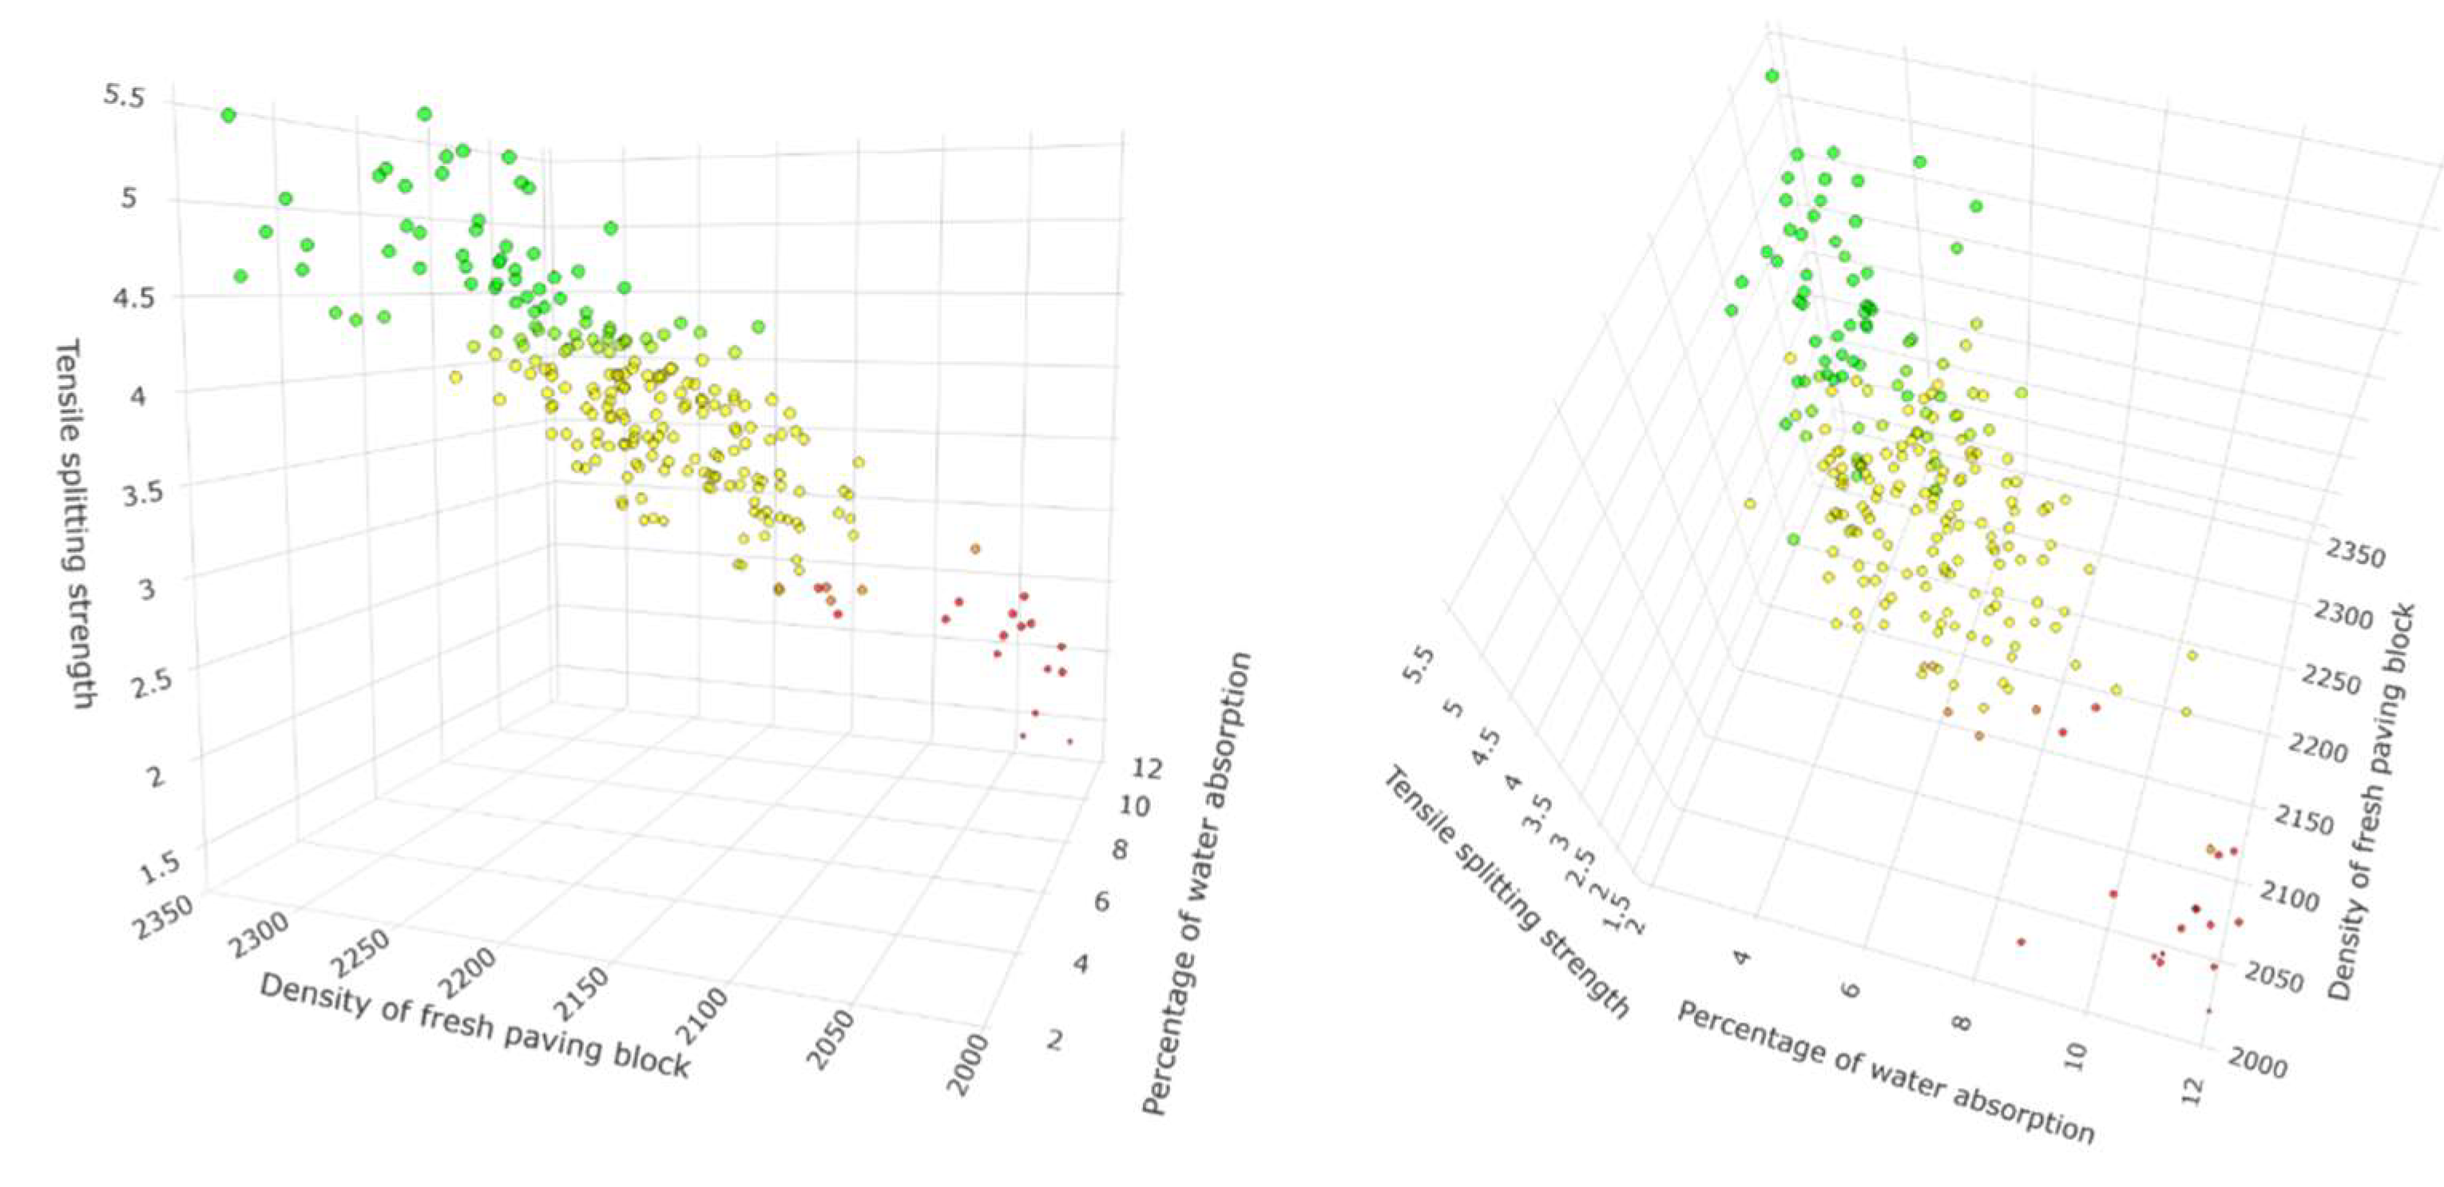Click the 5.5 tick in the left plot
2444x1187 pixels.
pos(125,96)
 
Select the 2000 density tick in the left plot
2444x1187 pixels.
pos(969,1065)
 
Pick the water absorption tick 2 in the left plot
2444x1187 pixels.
pos(1055,1040)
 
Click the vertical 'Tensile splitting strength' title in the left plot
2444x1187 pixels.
pos(75,525)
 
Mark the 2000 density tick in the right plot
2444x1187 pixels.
pos(2257,1066)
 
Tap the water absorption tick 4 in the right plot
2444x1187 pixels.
pos(1741,956)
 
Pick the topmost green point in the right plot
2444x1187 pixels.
pos(1772,76)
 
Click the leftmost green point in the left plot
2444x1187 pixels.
pos(228,115)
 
